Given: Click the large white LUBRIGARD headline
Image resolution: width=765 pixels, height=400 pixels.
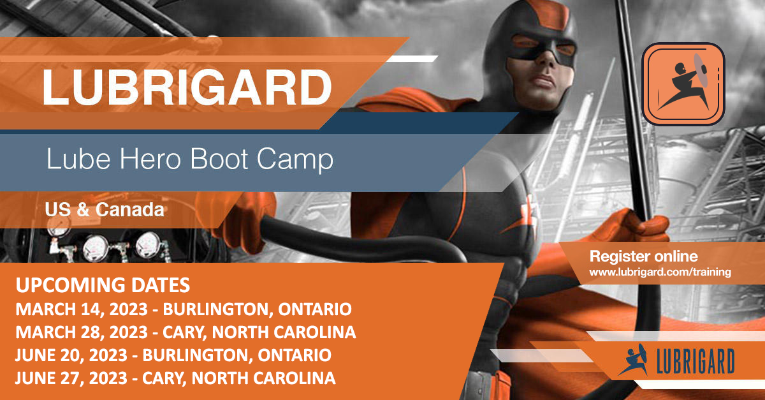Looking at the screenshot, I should (x=186, y=87).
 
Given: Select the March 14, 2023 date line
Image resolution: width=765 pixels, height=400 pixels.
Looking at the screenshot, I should (x=184, y=310).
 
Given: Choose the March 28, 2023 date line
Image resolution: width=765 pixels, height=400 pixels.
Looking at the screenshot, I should (x=186, y=332).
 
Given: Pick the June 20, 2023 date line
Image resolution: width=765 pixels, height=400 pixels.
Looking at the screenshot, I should (x=173, y=355).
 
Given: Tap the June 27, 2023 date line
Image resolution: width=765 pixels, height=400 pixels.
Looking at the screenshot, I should (x=175, y=378).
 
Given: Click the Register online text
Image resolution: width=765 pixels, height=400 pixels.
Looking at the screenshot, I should (x=643, y=257).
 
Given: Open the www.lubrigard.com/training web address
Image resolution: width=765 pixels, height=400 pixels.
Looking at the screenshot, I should (x=659, y=272).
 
